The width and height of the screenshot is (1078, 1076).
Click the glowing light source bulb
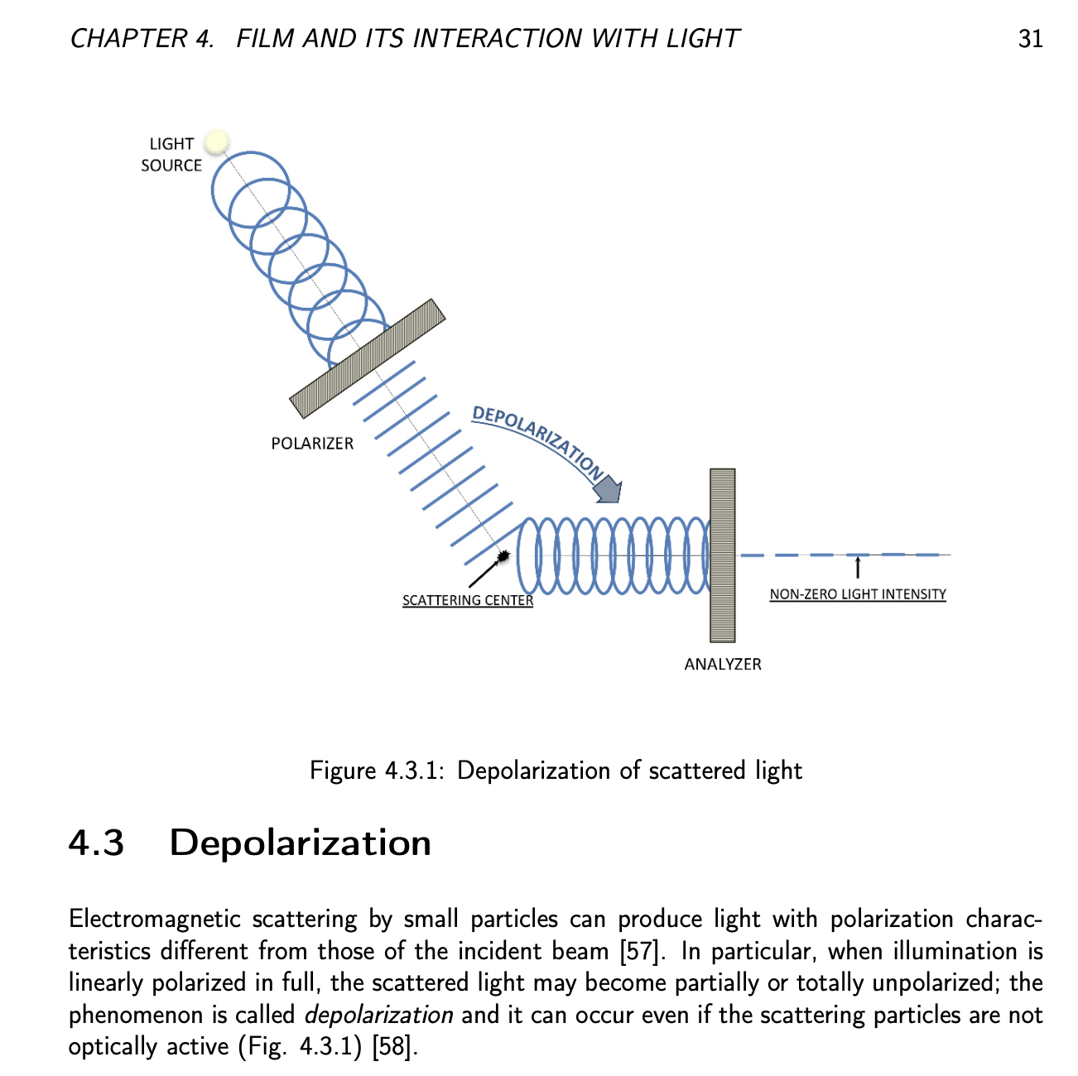(x=216, y=142)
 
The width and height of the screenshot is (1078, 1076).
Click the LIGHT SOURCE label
(x=171, y=155)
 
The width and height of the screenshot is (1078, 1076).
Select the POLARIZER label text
(x=312, y=444)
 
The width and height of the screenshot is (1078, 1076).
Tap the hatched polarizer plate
(x=368, y=358)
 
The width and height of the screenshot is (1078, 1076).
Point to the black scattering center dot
(x=503, y=556)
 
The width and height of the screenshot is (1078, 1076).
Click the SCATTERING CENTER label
(x=468, y=600)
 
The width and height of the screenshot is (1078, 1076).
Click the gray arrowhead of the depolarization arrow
(x=609, y=489)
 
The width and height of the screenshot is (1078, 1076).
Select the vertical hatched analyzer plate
(x=722, y=555)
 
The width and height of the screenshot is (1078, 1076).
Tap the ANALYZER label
(x=722, y=664)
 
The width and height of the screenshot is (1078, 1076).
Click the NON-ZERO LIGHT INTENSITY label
(x=858, y=594)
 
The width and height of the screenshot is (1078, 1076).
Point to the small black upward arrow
(x=858, y=568)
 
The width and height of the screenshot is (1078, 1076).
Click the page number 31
(x=1030, y=39)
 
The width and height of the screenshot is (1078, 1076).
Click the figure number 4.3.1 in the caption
(x=413, y=771)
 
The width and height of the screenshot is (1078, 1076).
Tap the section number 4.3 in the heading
(x=96, y=843)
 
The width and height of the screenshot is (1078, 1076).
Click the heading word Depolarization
(x=300, y=843)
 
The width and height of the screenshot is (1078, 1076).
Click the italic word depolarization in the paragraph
(x=378, y=1015)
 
